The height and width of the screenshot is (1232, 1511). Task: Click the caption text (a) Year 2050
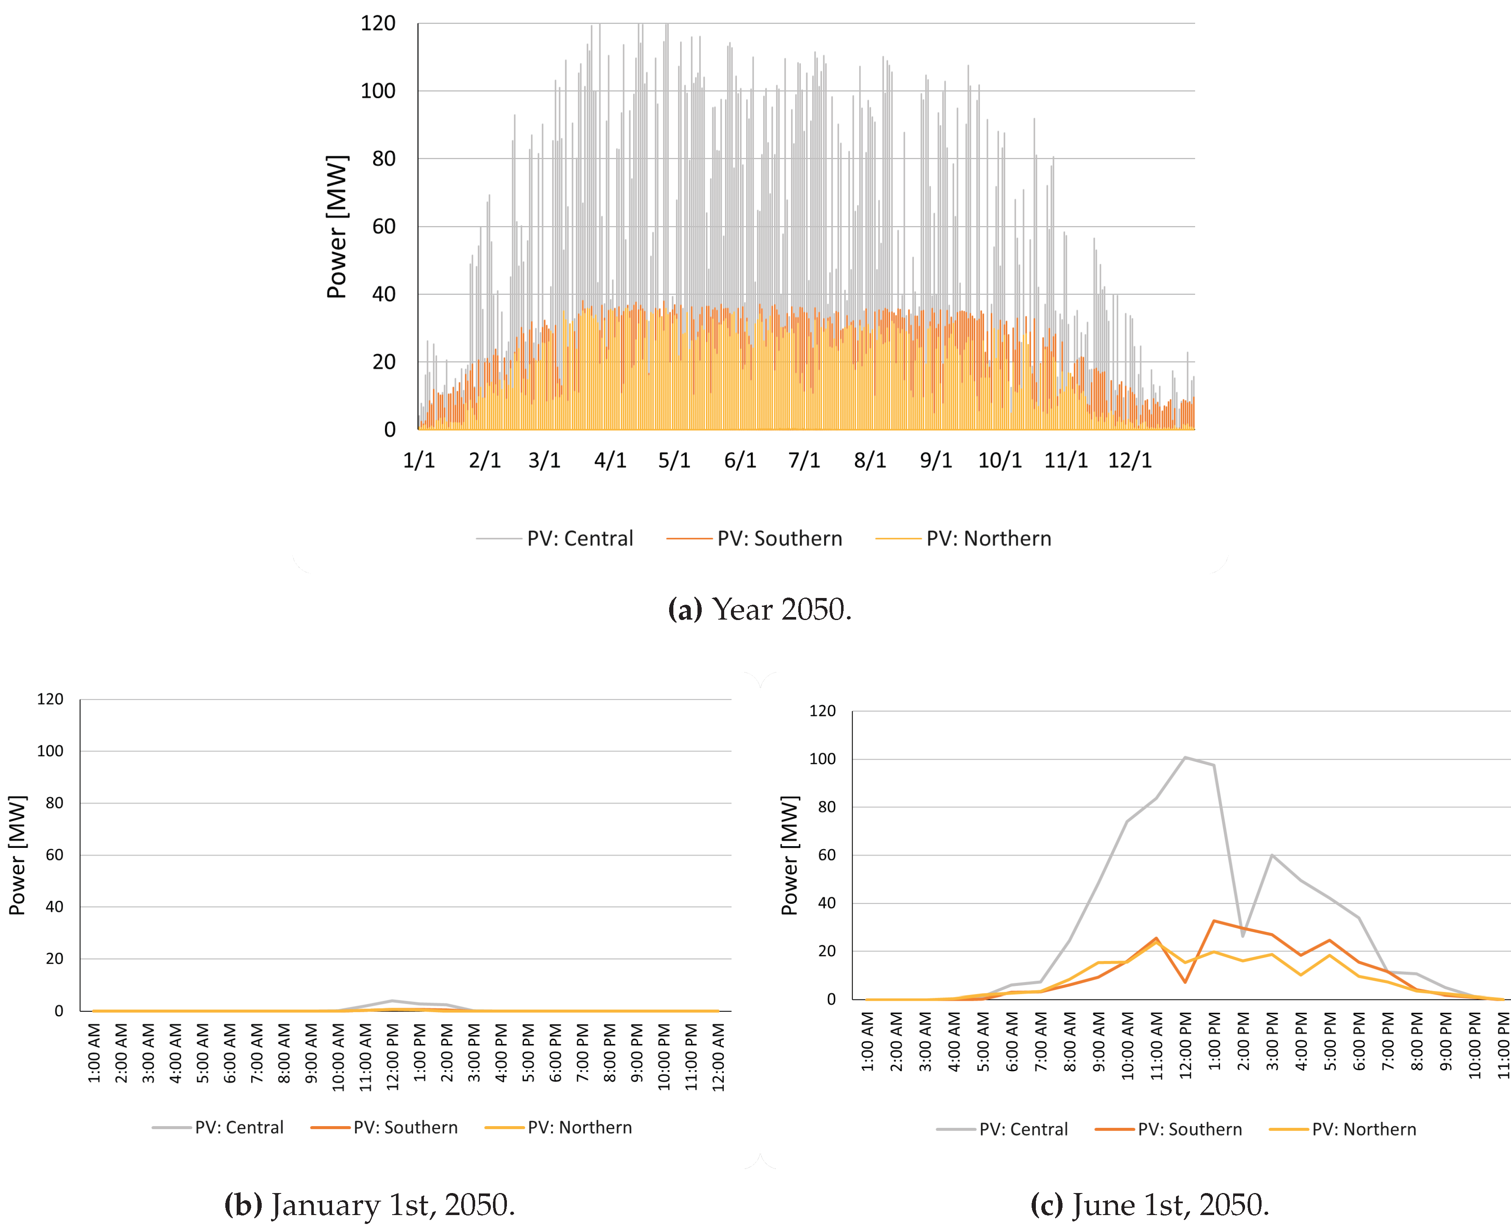point(759,609)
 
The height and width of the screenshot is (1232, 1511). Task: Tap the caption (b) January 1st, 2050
point(369,1205)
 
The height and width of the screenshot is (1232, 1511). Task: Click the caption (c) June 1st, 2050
point(1150,1205)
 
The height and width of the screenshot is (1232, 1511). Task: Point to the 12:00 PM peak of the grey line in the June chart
point(1184,757)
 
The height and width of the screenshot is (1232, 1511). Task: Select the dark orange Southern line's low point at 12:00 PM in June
point(1184,982)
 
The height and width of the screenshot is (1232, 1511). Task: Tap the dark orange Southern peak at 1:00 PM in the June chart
point(1214,921)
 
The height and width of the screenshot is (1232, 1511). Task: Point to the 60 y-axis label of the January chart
point(55,855)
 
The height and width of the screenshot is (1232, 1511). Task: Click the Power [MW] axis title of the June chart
point(789,855)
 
